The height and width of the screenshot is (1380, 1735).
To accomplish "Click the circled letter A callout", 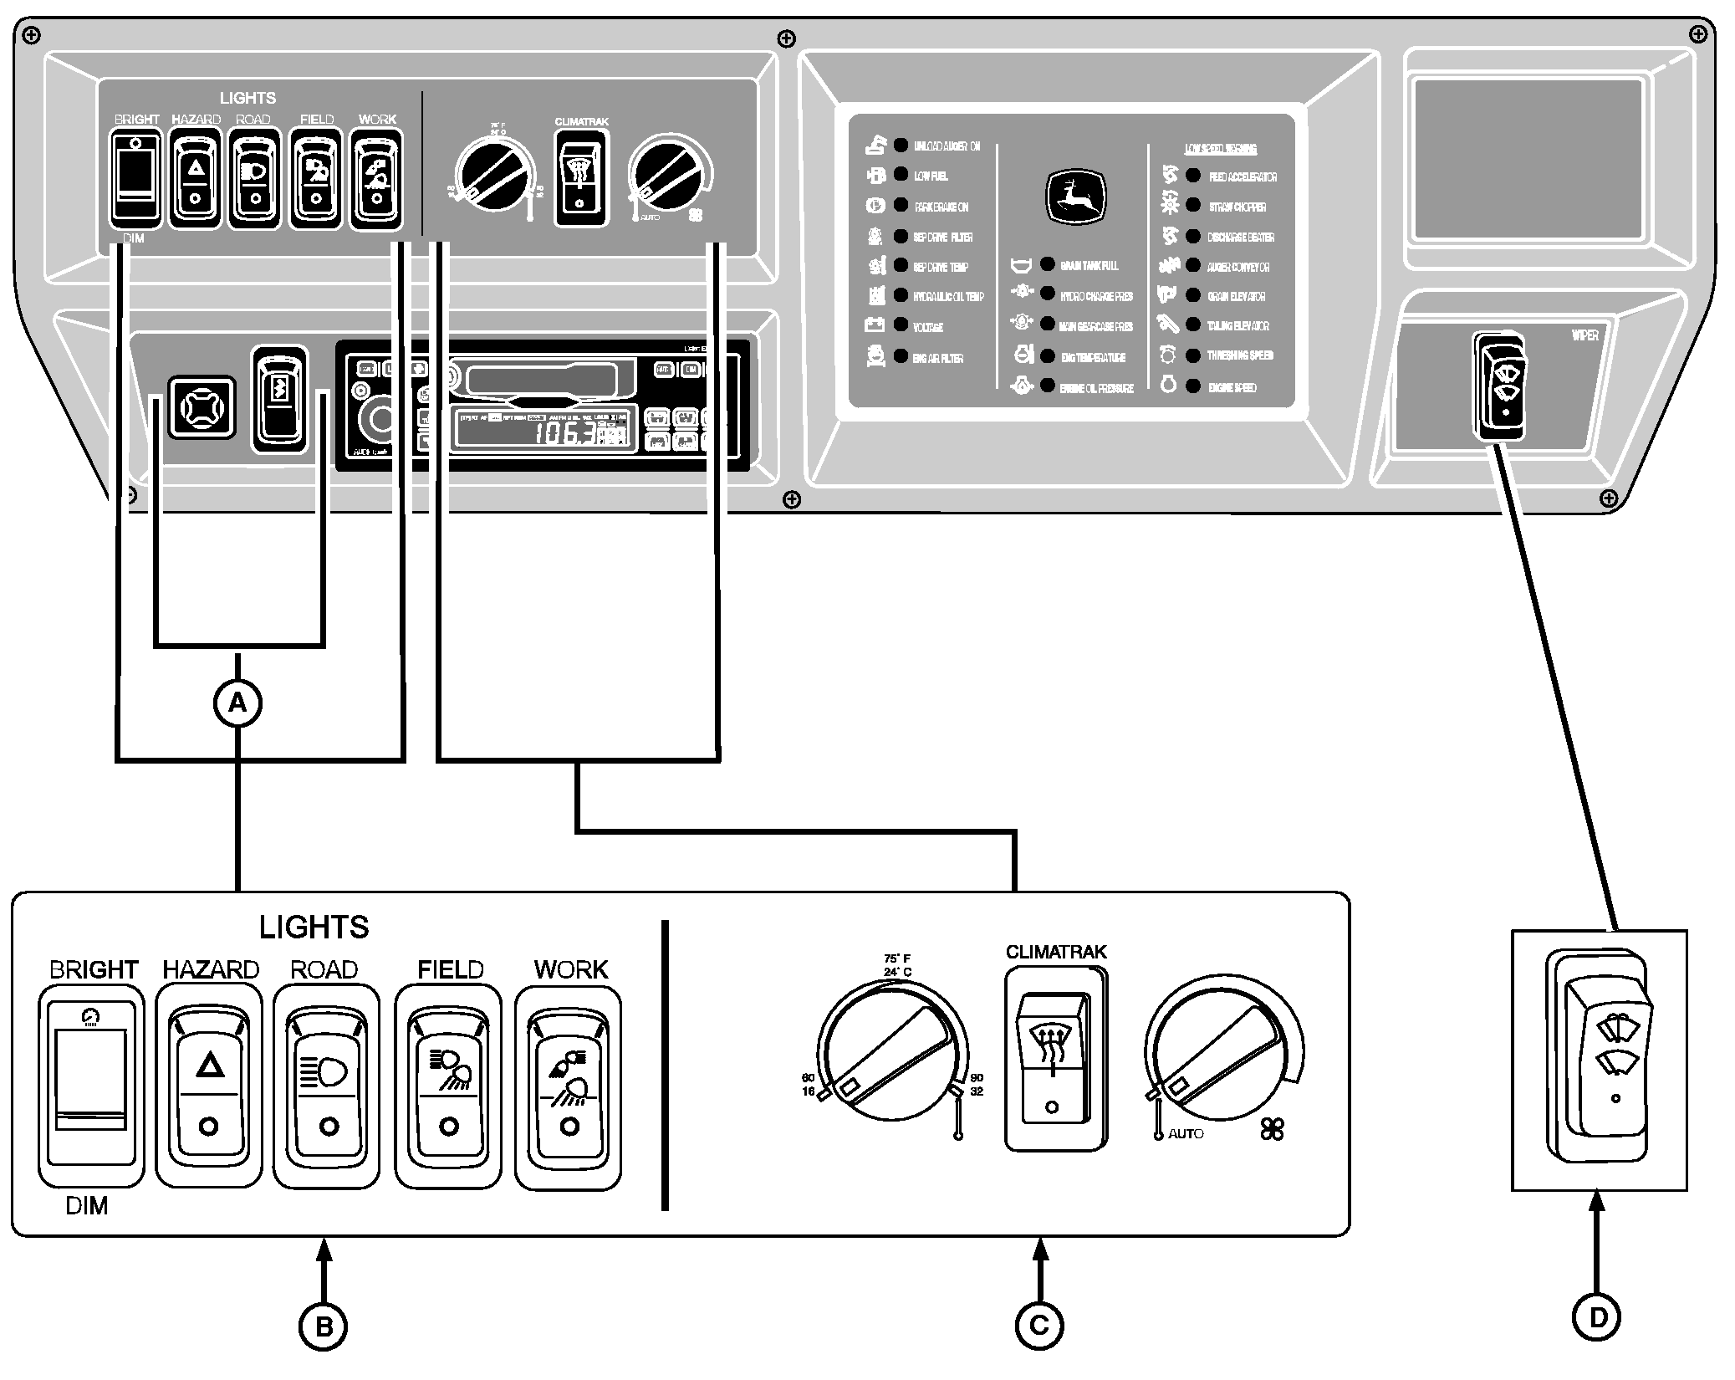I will coord(238,703).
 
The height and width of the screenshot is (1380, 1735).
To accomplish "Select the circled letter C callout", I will coord(1039,1326).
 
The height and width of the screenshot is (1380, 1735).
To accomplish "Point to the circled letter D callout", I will coord(1597,1317).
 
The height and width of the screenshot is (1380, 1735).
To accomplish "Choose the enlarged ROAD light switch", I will coord(327,1086).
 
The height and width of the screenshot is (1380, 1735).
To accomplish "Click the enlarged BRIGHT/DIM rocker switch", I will coord(90,1086).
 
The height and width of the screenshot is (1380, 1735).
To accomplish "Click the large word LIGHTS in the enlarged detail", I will coord(314,927).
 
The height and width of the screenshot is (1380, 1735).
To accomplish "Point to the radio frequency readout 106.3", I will coord(565,432).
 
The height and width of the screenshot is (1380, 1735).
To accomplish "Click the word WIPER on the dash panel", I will coord(1584,335).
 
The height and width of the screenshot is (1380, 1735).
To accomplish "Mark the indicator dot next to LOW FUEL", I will coord(901,175).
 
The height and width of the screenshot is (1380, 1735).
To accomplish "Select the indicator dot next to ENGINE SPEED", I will coord(1193,386).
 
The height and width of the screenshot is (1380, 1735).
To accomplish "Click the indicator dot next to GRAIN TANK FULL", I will coord(1047,264).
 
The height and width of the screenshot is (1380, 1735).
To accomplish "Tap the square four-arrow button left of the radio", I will coord(202,407).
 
